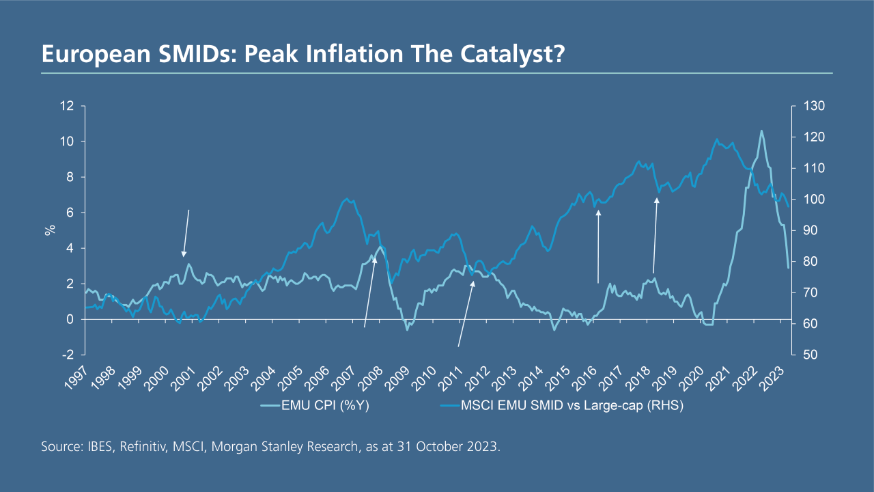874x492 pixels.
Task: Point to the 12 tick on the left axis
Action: (67, 106)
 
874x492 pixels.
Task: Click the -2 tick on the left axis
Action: (68, 355)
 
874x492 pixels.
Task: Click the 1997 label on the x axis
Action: (79, 376)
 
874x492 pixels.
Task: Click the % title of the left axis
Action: (50, 230)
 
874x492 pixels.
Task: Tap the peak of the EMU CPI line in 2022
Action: (761, 131)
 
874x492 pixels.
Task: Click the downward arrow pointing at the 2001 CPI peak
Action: (186, 233)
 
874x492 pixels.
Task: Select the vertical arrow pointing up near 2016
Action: (598, 246)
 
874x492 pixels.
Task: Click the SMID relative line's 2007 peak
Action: (348, 199)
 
